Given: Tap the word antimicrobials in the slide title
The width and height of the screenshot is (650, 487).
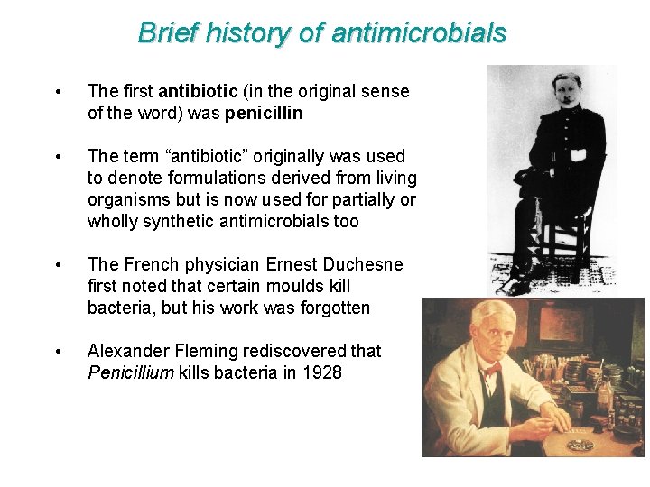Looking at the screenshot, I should pos(419,33).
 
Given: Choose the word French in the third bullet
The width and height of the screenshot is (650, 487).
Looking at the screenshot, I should pos(154,264).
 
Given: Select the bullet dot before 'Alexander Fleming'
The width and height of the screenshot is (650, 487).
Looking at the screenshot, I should pos(58,352).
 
